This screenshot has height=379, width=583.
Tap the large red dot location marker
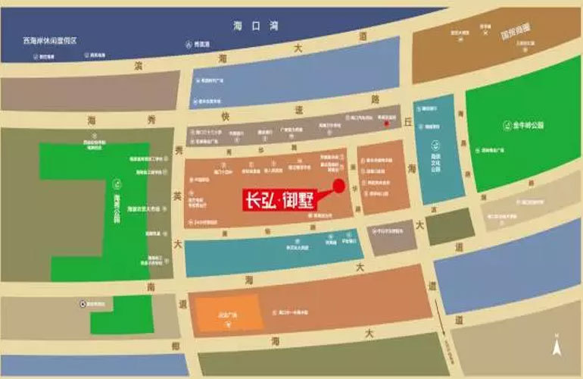[x=340, y=186]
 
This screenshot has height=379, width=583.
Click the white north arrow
[x=558, y=347]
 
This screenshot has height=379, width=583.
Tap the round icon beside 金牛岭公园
[x=495, y=125]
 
